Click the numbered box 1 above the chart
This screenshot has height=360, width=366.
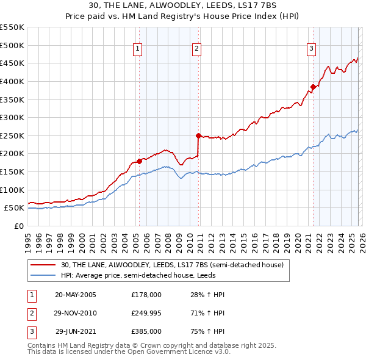[138, 49]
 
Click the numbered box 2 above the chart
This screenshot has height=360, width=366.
[198, 49]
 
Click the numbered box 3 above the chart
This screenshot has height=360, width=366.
[311, 49]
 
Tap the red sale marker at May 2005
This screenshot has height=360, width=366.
[139, 161]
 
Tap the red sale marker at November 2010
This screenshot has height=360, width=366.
[199, 135]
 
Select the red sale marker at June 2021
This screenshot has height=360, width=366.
[313, 87]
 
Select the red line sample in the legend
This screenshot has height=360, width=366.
[43, 265]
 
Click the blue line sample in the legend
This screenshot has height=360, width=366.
[43, 275]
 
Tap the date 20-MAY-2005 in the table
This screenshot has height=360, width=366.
[75, 295]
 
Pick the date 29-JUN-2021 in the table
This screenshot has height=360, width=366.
[76, 331]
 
